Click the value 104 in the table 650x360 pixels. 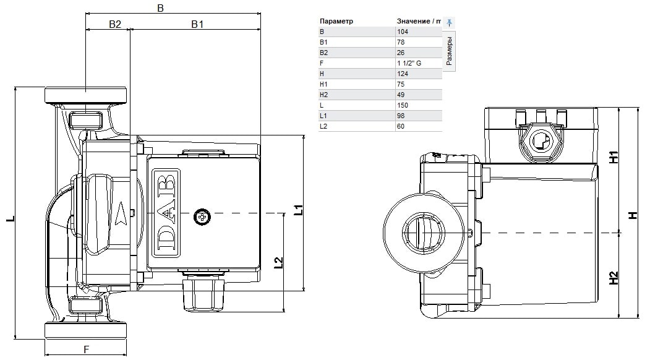(x=402, y=32)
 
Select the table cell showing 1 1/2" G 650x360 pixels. (x=409, y=63)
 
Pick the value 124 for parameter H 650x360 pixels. (x=402, y=74)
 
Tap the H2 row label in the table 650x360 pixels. (x=323, y=95)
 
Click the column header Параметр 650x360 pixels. (x=336, y=21)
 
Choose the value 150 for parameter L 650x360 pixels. (x=402, y=105)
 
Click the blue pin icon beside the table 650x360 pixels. (x=449, y=22)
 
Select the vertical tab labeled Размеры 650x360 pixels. (x=449, y=50)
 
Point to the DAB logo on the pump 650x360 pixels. (x=166, y=213)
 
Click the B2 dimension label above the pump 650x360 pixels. (x=115, y=24)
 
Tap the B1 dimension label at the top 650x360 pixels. (x=197, y=24)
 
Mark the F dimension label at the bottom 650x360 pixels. (x=86, y=349)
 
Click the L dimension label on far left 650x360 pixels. (x=11, y=218)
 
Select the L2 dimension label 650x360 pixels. (x=278, y=262)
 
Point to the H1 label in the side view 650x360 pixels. (x=614, y=156)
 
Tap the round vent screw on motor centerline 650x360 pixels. (x=202, y=217)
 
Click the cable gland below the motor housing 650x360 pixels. (x=203, y=293)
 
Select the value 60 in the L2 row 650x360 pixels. (x=400, y=127)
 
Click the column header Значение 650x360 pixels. (x=413, y=21)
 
